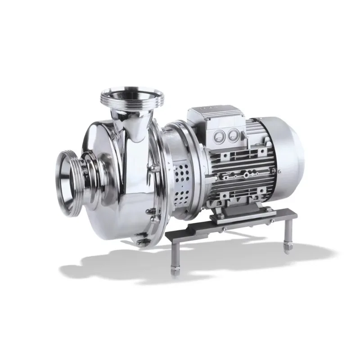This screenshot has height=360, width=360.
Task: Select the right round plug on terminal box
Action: point(233,135)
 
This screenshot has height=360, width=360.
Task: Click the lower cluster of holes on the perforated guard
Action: point(184,196)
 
